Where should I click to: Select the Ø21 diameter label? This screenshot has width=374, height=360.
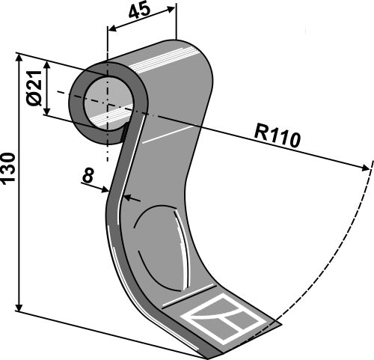click(x=32, y=88)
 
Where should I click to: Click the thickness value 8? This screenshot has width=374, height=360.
click(x=88, y=177)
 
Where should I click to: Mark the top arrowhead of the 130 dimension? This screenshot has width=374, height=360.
click(x=19, y=59)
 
